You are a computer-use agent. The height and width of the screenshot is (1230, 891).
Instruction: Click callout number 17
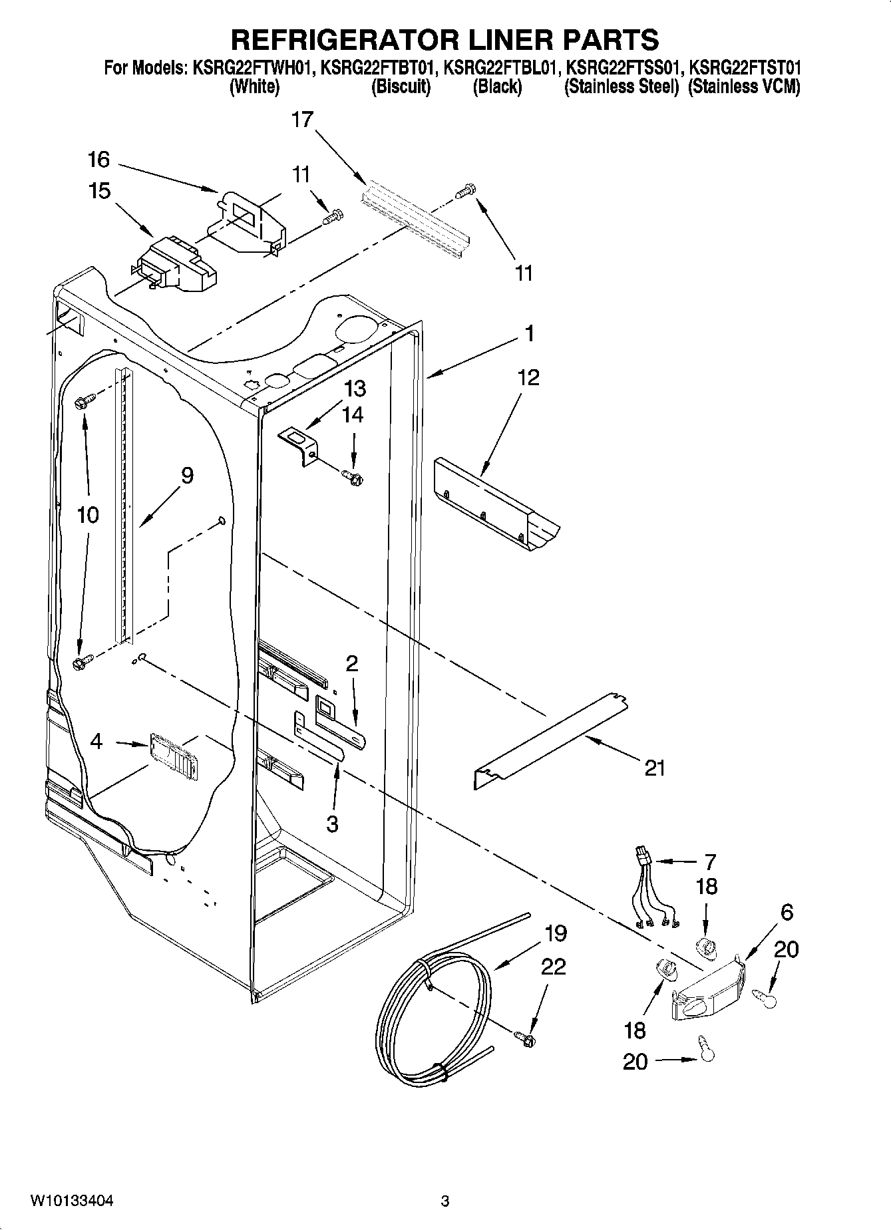click(x=301, y=120)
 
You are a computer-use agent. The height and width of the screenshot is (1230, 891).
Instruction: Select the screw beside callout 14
click(x=352, y=475)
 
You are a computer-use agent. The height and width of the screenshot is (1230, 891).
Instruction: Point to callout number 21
click(x=655, y=768)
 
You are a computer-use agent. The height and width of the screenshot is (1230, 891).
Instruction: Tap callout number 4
click(x=96, y=741)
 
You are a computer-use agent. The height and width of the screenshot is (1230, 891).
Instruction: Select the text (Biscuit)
click(x=400, y=87)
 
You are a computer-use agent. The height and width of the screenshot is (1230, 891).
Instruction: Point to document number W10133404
click(x=72, y=1201)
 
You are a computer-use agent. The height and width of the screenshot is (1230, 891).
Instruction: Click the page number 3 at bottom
click(x=445, y=1201)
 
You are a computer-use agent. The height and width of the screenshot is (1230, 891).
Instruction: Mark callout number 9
click(x=187, y=476)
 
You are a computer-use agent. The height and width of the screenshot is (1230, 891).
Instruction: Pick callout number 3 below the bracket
click(x=332, y=824)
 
